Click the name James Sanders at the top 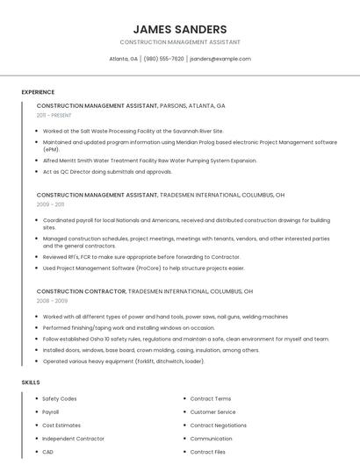180,29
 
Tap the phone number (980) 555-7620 164,59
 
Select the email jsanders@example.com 220,59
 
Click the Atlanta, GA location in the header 123,59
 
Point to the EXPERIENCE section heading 38,92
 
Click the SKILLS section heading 31,383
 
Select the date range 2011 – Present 54,115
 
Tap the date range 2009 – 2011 50,204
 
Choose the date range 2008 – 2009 52,300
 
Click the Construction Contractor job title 81,290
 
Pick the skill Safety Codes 60,399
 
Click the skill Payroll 51,412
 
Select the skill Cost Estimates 61,426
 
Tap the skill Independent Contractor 73,439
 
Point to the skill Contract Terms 211,399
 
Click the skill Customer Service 213,412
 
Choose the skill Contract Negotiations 219,426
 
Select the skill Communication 212,439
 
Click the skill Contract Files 208,452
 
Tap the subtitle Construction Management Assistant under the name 180,42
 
